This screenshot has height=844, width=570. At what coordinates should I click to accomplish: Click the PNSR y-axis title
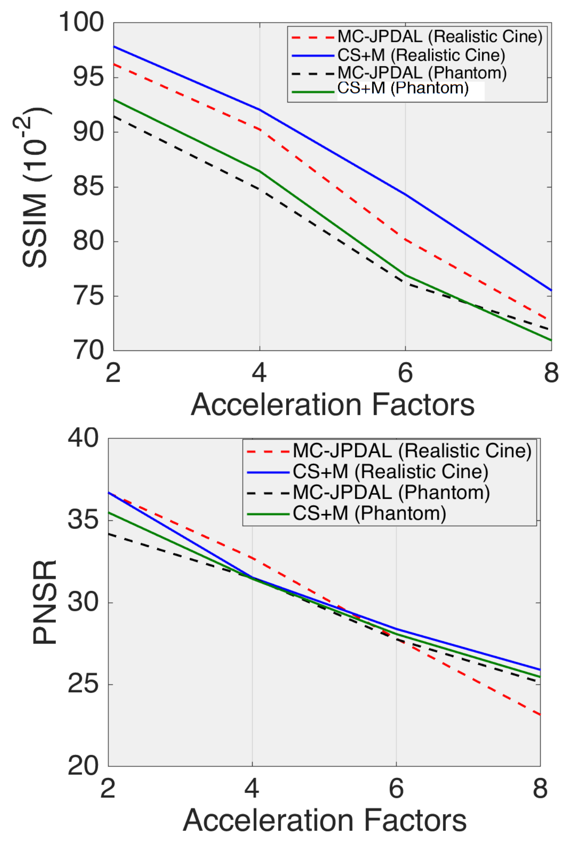point(44,602)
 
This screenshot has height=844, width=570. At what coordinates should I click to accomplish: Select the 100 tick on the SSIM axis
point(81,22)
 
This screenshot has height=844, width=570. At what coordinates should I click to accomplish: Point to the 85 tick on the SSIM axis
point(88,187)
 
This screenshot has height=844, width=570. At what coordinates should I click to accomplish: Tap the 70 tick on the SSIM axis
point(88,350)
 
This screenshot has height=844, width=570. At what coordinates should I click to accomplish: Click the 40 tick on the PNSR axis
point(83,438)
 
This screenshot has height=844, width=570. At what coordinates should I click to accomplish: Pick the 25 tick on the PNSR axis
point(83,684)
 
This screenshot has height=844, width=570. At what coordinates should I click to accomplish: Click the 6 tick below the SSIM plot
point(405,373)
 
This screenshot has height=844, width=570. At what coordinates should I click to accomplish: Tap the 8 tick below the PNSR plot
point(540,788)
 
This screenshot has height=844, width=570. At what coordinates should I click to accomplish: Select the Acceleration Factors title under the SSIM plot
point(332,404)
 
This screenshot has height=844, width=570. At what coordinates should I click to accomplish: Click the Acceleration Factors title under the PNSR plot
point(325,820)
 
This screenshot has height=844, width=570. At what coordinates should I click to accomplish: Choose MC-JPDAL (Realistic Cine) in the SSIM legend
point(440,37)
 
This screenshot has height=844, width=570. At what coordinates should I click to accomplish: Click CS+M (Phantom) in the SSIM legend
point(403,88)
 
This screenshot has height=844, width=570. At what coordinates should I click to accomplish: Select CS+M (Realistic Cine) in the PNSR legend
point(390,472)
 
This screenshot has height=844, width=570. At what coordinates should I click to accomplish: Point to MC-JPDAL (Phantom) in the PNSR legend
point(391,492)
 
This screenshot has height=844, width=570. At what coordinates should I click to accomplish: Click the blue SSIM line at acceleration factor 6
point(405,194)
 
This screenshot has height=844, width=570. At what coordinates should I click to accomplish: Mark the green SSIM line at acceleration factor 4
point(259,171)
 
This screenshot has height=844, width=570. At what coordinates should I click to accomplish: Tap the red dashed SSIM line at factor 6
point(405,240)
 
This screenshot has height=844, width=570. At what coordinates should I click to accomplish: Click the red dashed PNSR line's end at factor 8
point(540,715)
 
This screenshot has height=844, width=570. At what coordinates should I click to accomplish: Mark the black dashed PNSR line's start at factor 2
point(109,534)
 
